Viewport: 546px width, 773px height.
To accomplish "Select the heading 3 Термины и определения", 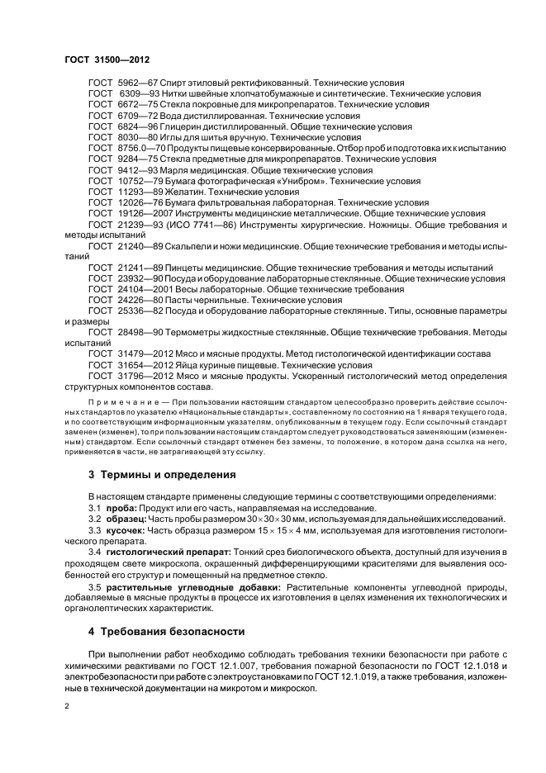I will pyautogui.click(x=150, y=475).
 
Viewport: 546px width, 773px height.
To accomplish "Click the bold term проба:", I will pyautogui.click(x=119, y=507).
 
